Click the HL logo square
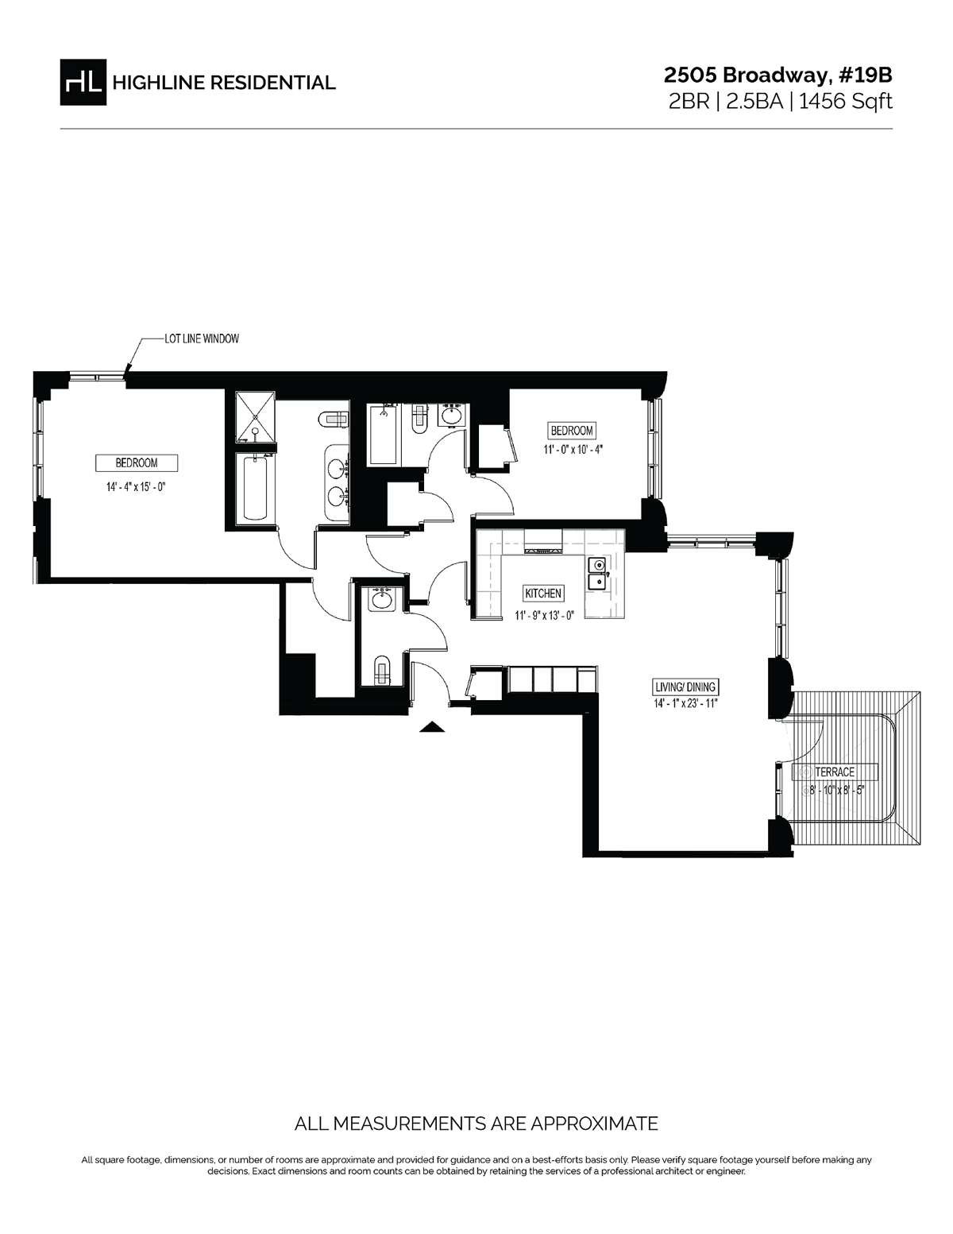83,82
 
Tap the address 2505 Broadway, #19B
778,75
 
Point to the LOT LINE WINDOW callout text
201,338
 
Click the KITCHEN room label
543,594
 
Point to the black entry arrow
430,725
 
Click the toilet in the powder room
382,671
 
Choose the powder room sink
382,601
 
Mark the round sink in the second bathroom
452,416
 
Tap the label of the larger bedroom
136,462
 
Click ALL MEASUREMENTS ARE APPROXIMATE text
476,1124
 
